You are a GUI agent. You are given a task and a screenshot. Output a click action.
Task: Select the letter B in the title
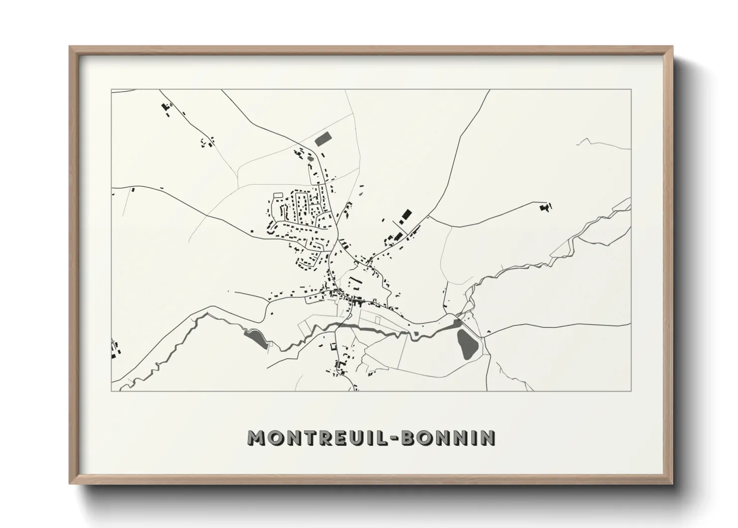[409, 438]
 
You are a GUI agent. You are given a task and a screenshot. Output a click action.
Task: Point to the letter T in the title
[309, 438]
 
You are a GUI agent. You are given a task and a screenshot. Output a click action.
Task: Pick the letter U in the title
[357, 438]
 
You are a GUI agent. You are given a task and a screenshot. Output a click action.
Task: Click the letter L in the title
[380, 438]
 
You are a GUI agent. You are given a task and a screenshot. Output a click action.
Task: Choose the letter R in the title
[325, 438]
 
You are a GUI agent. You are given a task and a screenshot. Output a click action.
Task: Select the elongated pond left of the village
[256, 338]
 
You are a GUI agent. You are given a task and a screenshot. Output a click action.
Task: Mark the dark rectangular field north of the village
[323, 138]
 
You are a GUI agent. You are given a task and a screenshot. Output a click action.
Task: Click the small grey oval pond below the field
[311, 159]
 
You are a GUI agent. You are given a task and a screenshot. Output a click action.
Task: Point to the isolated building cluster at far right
[546, 206]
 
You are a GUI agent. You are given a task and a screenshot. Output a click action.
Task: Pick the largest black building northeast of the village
[406, 215]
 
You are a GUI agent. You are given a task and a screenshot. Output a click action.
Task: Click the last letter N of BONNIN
[487, 438]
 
